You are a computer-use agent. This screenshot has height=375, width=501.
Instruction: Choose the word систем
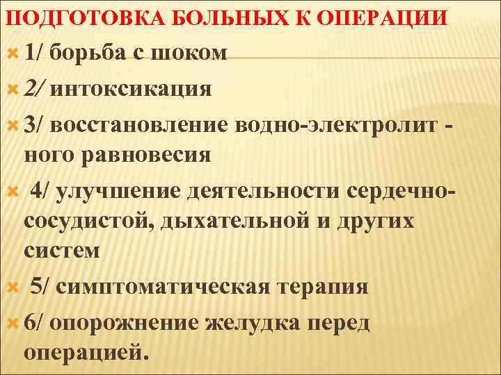(x=62, y=250)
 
